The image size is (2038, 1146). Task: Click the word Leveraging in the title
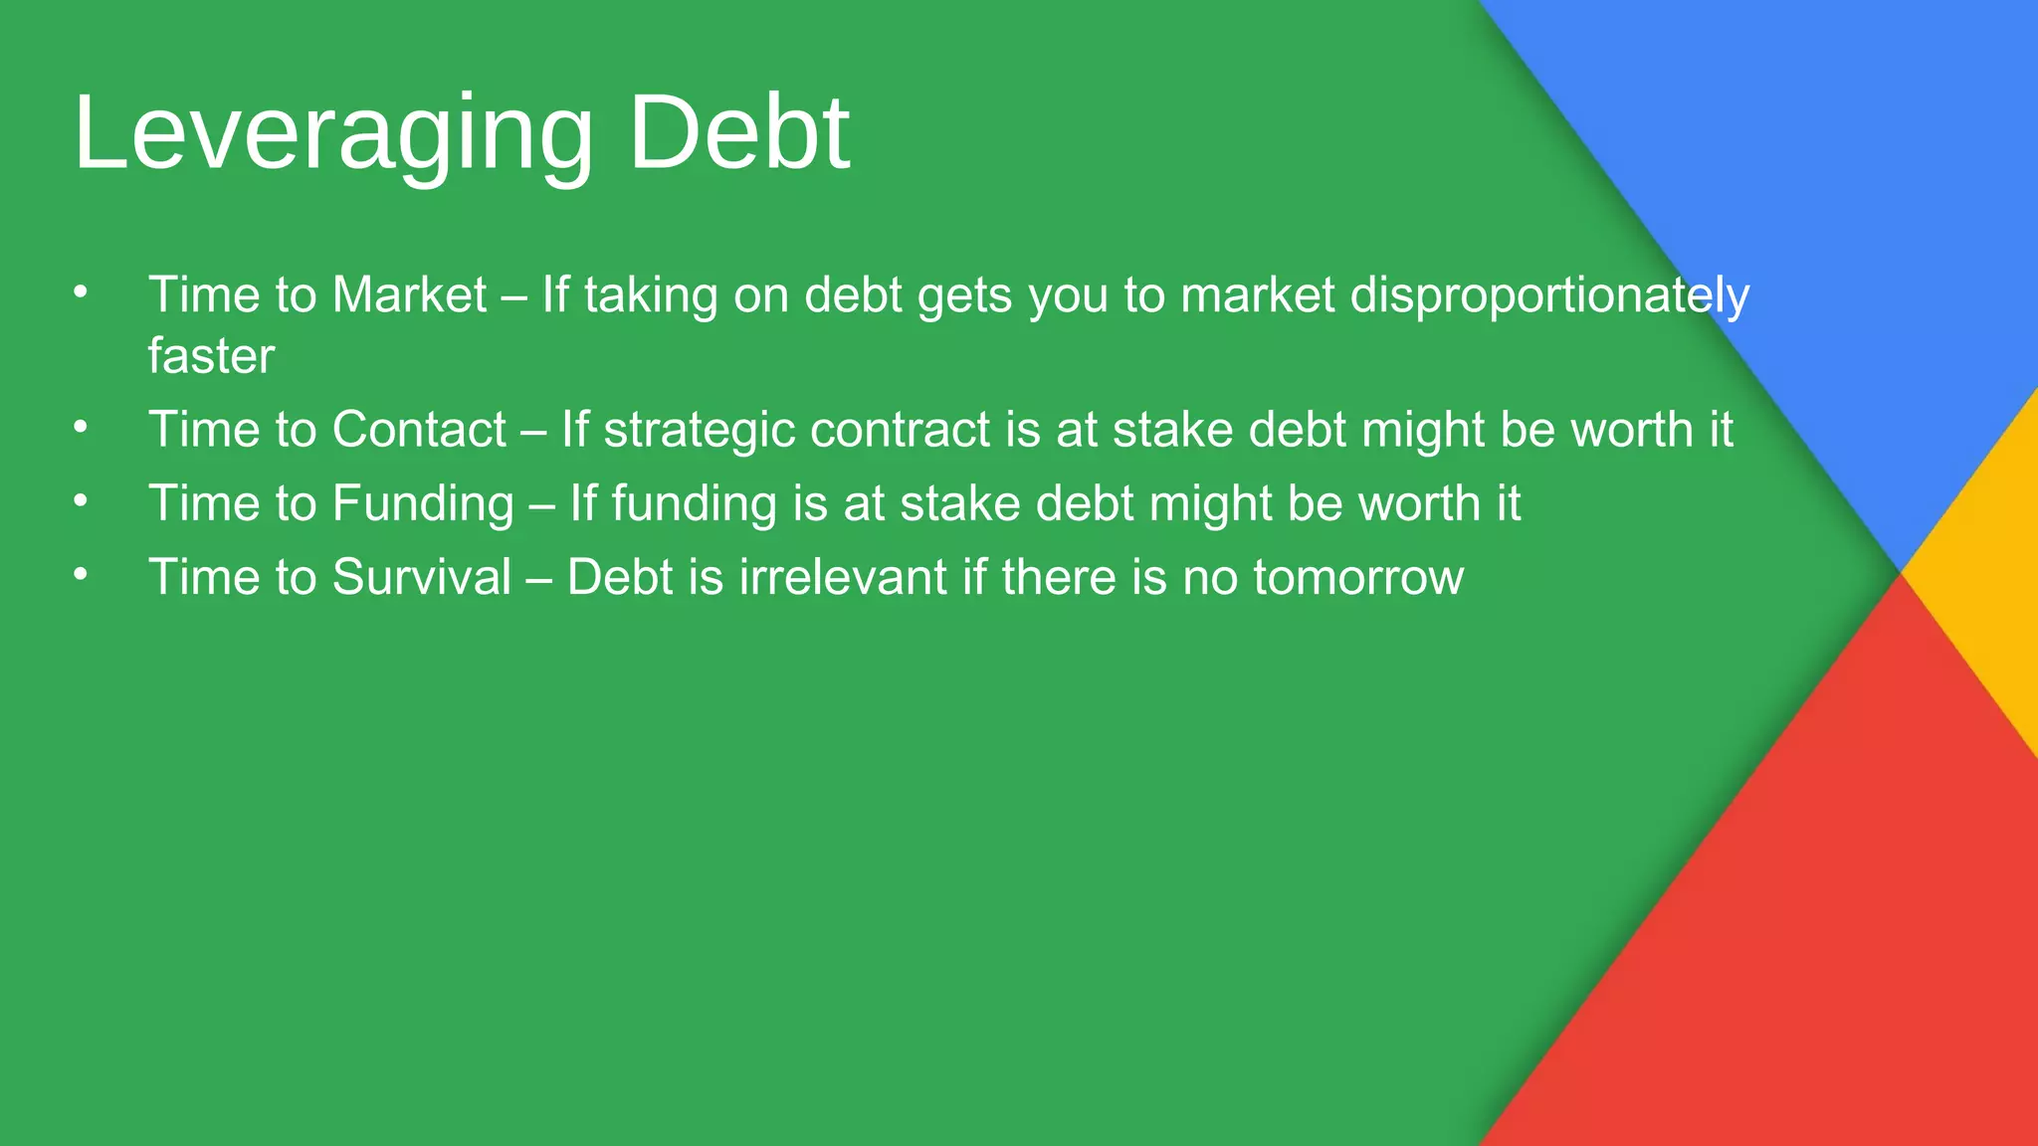(x=333, y=134)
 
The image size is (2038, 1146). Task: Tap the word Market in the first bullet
(x=409, y=295)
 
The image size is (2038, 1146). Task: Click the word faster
(x=211, y=356)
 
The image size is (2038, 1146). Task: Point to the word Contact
(x=419, y=430)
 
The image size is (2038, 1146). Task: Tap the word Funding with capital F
(x=423, y=503)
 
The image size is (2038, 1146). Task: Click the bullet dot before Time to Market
(x=81, y=292)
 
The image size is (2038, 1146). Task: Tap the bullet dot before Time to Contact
(x=81, y=428)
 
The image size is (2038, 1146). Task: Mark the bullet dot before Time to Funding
(x=81, y=501)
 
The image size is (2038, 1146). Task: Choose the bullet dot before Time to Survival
(x=81, y=575)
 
